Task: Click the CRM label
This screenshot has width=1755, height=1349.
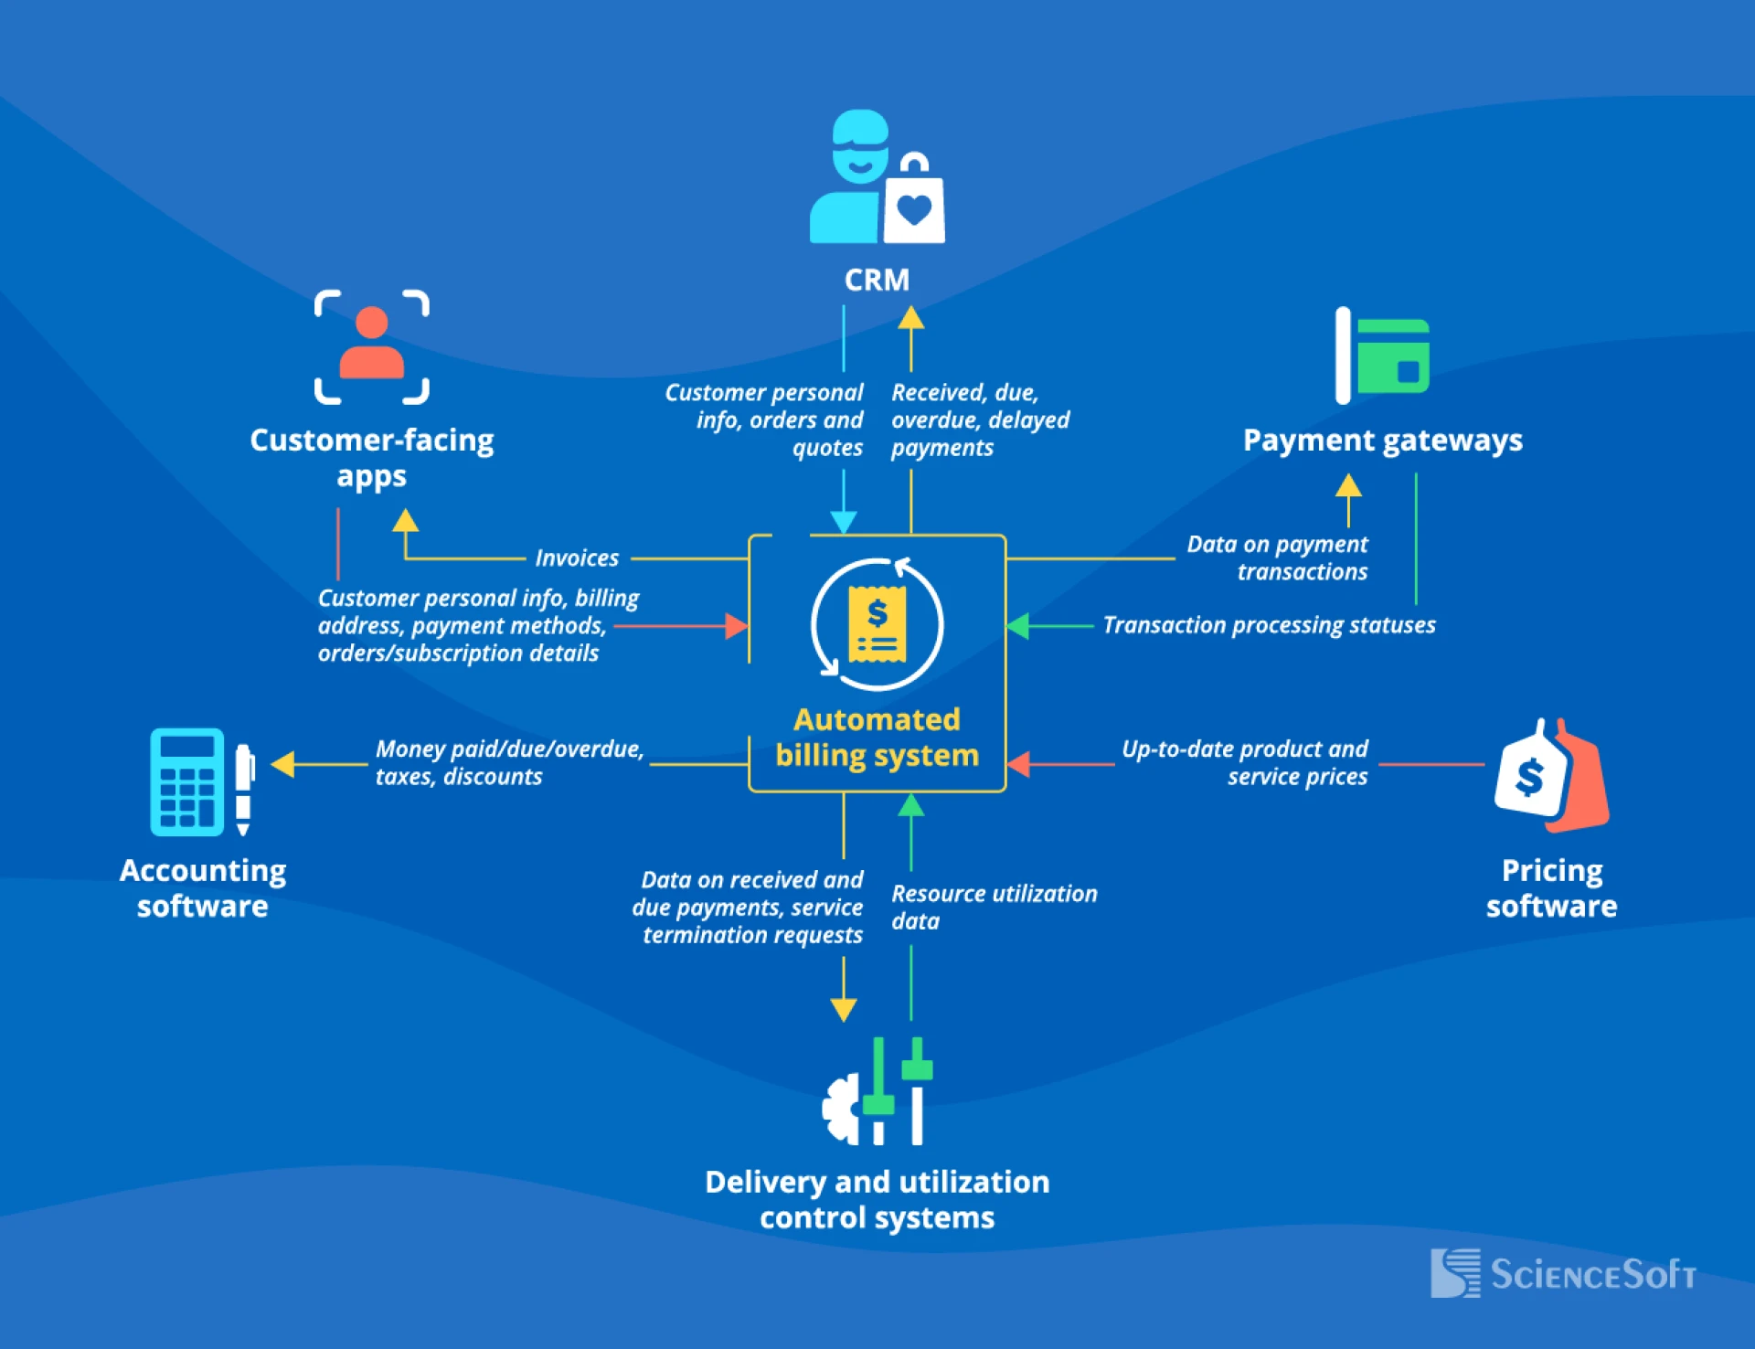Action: click(x=876, y=280)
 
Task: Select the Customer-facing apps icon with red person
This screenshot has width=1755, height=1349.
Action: click(x=371, y=347)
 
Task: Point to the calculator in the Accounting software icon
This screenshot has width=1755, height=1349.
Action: click(x=186, y=782)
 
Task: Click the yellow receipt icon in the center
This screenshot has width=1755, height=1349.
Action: click(x=877, y=624)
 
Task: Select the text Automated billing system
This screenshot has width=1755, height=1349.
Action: click(x=877, y=738)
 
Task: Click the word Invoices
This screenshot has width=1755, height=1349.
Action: click(x=577, y=558)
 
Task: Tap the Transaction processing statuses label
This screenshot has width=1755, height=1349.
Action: click(x=1268, y=625)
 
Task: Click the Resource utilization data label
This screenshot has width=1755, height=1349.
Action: click(x=993, y=907)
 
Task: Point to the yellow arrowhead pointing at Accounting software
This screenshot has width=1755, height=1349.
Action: click(x=283, y=764)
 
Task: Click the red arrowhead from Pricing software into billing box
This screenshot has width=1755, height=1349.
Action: click(x=1018, y=764)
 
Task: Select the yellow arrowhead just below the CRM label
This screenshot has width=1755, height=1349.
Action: click(x=910, y=317)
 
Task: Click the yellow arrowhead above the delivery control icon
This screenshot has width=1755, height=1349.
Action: click(x=843, y=1010)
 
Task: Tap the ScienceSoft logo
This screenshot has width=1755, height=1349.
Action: click(x=1562, y=1273)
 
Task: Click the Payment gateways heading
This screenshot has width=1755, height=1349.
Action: click(x=1382, y=441)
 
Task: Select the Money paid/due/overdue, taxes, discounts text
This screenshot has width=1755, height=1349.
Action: click(x=508, y=762)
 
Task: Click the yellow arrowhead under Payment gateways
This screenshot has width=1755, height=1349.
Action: click(x=1348, y=485)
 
